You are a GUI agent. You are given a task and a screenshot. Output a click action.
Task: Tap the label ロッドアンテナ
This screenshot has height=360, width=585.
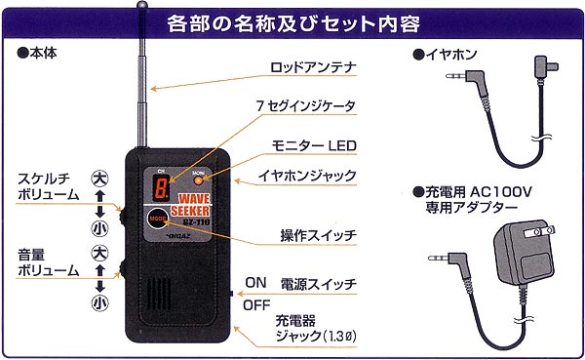312,68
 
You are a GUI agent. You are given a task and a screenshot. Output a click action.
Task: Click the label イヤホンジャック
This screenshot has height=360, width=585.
306,176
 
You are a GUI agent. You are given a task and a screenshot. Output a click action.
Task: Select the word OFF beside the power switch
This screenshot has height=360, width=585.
255,303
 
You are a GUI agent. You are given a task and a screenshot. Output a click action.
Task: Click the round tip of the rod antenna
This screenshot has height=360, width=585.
143,7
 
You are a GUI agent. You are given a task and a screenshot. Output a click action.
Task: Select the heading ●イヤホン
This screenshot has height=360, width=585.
443,53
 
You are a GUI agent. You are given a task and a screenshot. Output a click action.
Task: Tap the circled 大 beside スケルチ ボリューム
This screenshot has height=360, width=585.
98,179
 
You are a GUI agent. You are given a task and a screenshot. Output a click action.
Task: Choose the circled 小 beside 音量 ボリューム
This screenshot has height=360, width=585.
99,303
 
